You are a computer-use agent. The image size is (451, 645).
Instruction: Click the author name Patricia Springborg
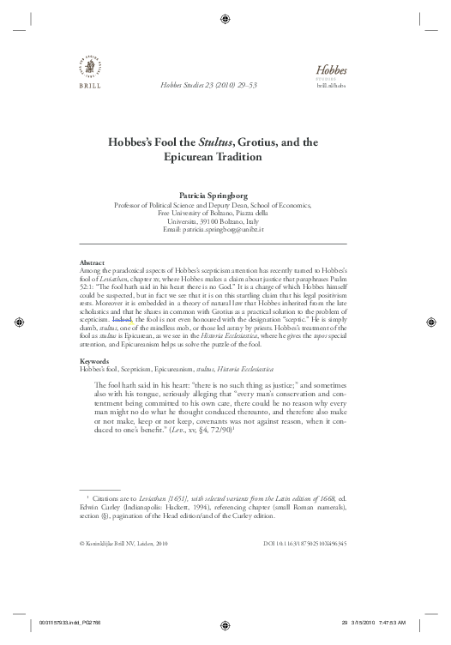click(225, 196)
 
